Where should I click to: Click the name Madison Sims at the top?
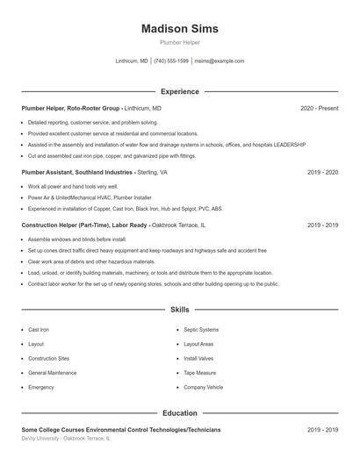click(179, 29)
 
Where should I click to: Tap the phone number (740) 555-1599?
click(171, 61)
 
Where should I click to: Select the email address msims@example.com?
click(219, 61)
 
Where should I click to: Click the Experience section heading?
click(179, 91)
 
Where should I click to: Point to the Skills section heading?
click(179, 310)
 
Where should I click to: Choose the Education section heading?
click(179, 412)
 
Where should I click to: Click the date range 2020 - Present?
click(319, 108)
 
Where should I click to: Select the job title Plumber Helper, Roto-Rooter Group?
click(70, 108)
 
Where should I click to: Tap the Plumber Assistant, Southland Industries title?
click(76, 173)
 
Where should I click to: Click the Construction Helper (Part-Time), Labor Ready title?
click(84, 225)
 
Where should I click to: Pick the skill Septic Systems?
click(201, 330)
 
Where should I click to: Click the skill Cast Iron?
click(39, 330)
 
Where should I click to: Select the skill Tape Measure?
click(199, 373)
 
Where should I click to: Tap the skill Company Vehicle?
click(203, 387)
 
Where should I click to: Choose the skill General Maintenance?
click(52, 373)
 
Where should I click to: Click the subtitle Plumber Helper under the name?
click(179, 42)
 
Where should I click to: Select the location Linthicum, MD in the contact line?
click(132, 61)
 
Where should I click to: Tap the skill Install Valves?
click(198, 359)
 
